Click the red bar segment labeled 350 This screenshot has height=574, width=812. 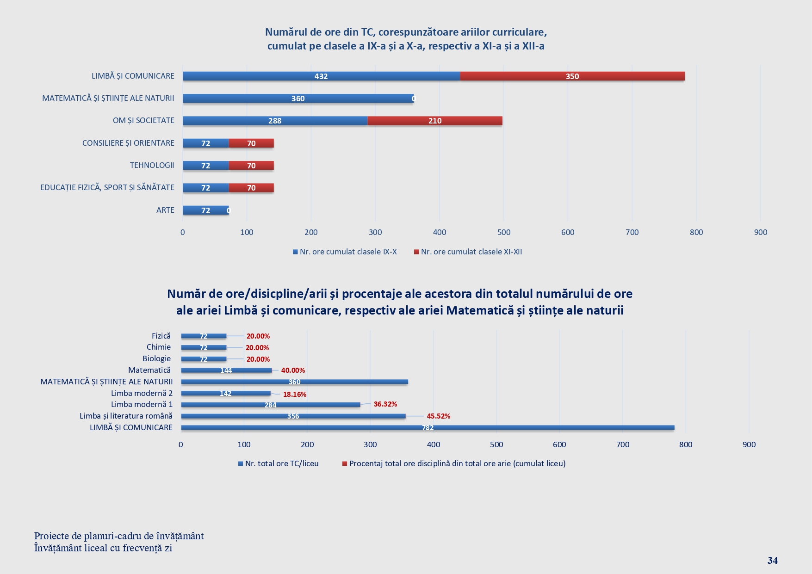coord(572,76)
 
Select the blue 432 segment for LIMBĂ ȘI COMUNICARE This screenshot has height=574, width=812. coord(321,76)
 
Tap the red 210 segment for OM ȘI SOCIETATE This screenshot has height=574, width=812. coord(435,121)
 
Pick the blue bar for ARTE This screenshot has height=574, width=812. coord(205,210)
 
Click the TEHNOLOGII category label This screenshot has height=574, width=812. coord(152,165)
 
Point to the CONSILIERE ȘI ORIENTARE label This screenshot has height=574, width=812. coord(128,143)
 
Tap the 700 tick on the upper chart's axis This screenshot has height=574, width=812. coord(632,232)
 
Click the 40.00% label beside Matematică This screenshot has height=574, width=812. coord(293,370)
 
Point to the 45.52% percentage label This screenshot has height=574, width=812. coord(438,416)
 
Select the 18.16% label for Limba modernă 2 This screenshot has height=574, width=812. coord(295,395)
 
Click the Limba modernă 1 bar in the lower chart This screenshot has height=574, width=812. coord(270,405)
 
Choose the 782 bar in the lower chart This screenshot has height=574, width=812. coord(427,428)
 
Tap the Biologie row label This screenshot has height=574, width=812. coord(156,358)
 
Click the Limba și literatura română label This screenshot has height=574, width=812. coord(126,416)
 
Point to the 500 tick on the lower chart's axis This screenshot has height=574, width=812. coord(496,444)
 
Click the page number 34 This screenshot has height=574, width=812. coord(772,561)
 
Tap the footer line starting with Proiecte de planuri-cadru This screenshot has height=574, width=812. coord(119,536)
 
